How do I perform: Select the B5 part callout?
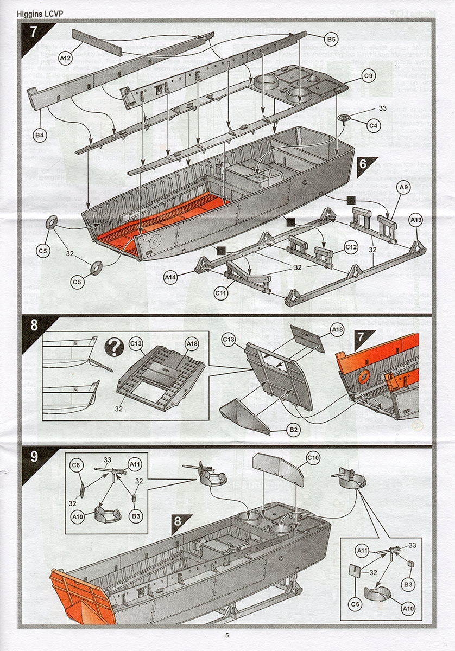(332, 39)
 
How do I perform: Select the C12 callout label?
(352, 247)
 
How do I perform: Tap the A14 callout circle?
(172, 277)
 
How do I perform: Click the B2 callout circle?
(294, 430)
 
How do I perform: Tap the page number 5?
(227, 635)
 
